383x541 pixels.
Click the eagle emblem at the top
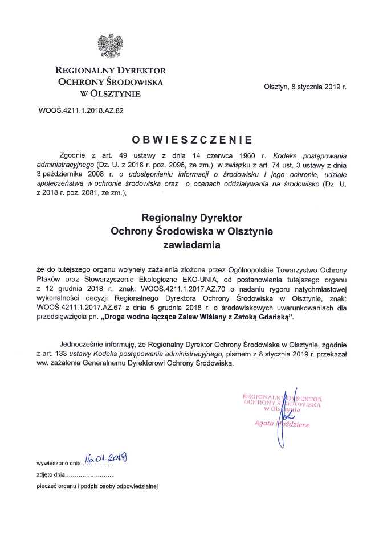point(111,46)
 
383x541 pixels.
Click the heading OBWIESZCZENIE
point(191,138)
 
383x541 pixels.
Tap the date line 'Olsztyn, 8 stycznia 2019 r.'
point(305,87)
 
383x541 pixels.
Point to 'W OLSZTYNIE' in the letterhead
point(111,93)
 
